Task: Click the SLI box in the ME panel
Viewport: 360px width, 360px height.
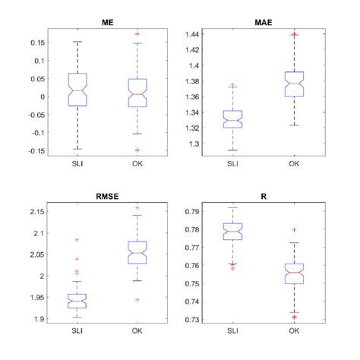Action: [77, 90]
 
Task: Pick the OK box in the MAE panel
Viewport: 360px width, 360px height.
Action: [293, 84]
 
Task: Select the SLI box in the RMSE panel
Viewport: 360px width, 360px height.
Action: [77, 301]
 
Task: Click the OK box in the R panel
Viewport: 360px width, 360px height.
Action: [293, 273]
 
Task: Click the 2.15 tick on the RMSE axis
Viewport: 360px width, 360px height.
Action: [33, 211]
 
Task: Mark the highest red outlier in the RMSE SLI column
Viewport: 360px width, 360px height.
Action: [77, 240]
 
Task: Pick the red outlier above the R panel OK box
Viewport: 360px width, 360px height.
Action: [293, 229]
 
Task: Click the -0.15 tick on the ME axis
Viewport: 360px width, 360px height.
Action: [33, 150]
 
